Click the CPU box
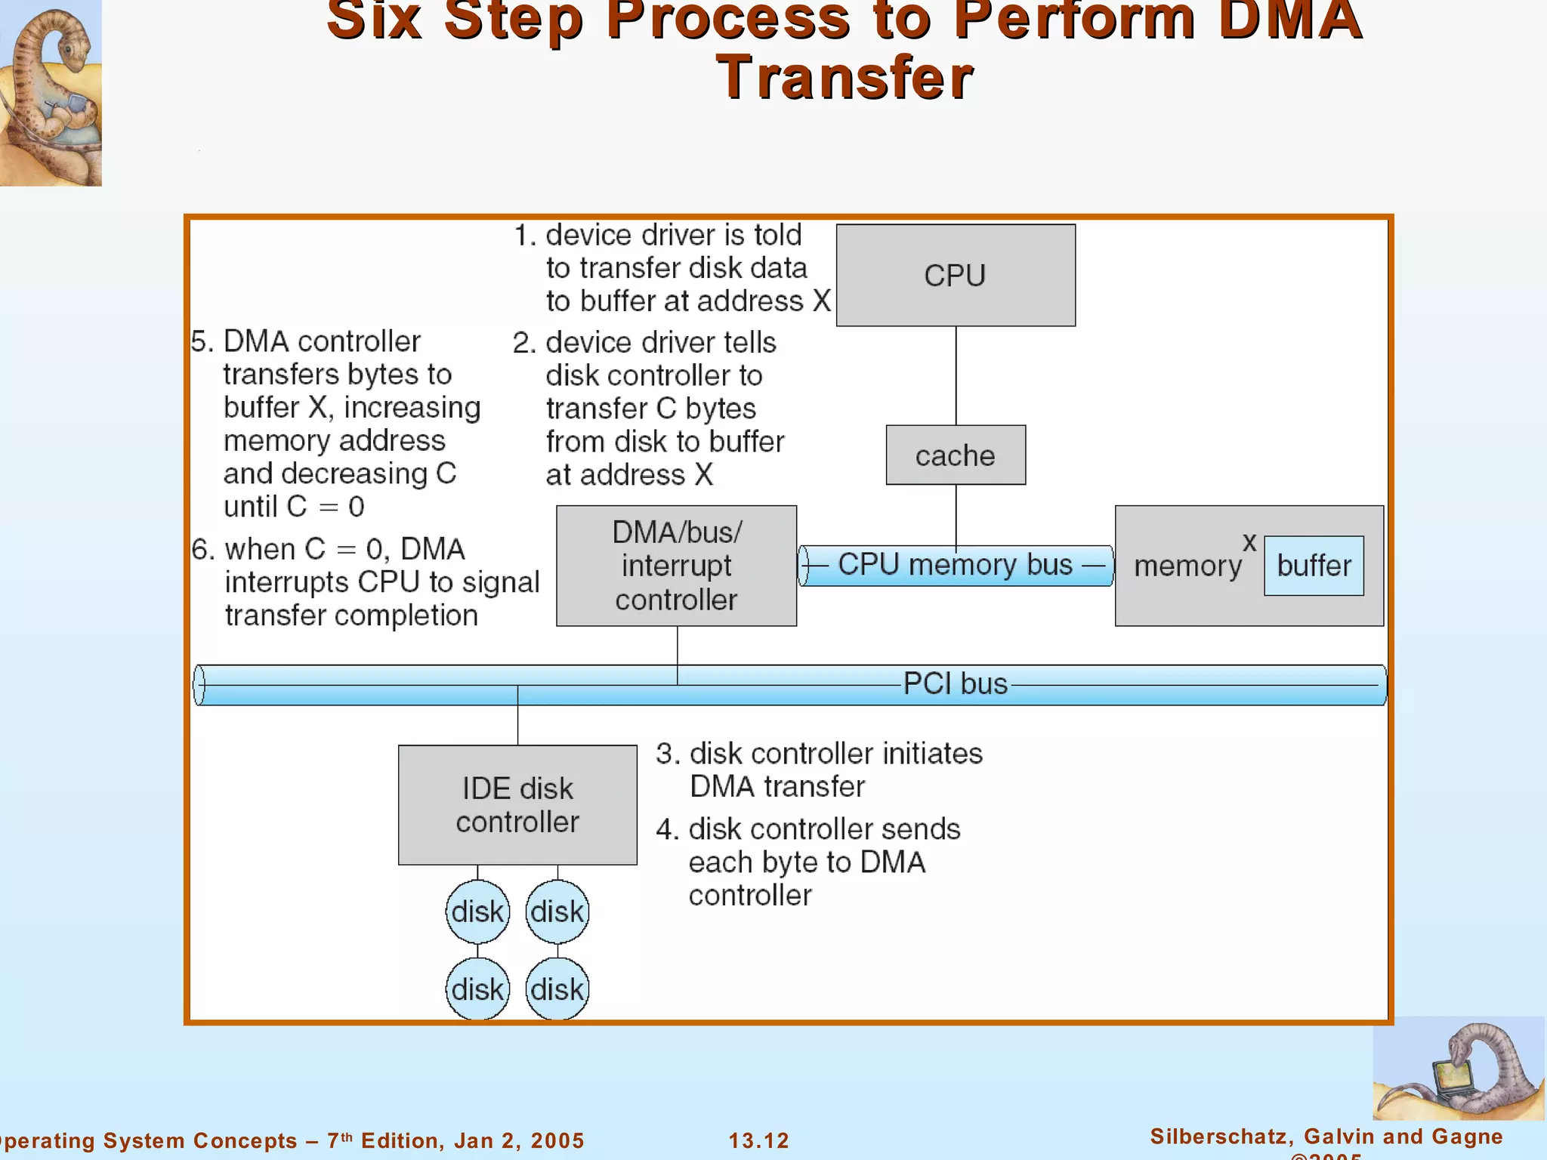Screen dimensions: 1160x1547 pyautogui.click(x=956, y=275)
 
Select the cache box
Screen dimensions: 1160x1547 pyautogui.click(x=956, y=455)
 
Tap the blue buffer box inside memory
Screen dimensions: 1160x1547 pyautogui.click(x=1314, y=566)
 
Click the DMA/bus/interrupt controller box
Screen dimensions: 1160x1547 pyautogui.click(x=676, y=566)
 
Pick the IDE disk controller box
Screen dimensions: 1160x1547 pyautogui.click(x=517, y=805)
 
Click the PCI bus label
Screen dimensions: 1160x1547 pyautogui.click(x=956, y=684)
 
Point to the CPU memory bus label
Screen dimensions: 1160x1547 pyautogui.click(x=956, y=565)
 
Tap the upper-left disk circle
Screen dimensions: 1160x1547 pyautogui.click(x=477, y=912)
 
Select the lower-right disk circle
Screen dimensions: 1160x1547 pyautogui.click(x=557, y=989)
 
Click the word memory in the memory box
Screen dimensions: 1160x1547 pyautogui.click(x=1187, y=566)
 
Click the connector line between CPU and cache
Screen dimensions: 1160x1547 pyautogui.click(x=956, y=375)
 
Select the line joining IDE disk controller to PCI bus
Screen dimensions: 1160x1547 pyautogui.click(x=517, y=725)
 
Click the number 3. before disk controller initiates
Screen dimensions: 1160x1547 pyautogui.click(x=667, y=754)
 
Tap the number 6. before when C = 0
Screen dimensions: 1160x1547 pyautogui.click(x=203, y=550)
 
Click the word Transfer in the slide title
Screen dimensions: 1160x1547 pyautogui.click(x=845, y=78)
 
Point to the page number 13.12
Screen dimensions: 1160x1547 pyautogui.click(x=758, y=1140)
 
